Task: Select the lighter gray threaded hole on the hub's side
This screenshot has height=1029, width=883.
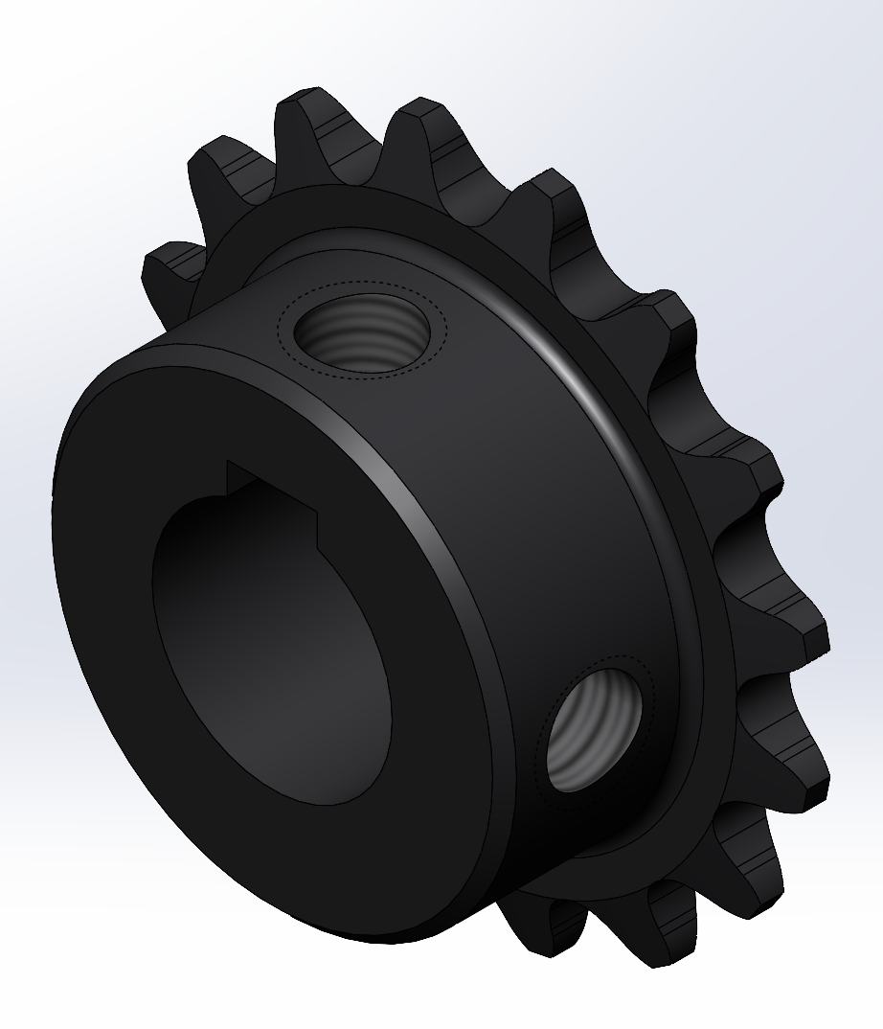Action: pos(594,727)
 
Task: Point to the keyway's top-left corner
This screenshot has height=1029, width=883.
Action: pos(227,464)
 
